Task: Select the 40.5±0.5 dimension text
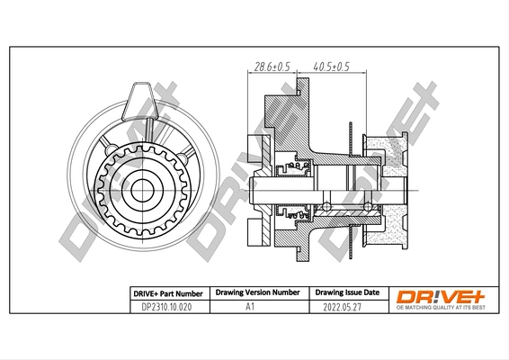(x=330, y=66)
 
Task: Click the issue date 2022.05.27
(x=346, y=307)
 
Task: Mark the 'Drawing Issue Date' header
(x=346, y=293)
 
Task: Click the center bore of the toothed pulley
(x=141, y=192)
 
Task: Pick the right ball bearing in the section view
(x=370, y=207)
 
